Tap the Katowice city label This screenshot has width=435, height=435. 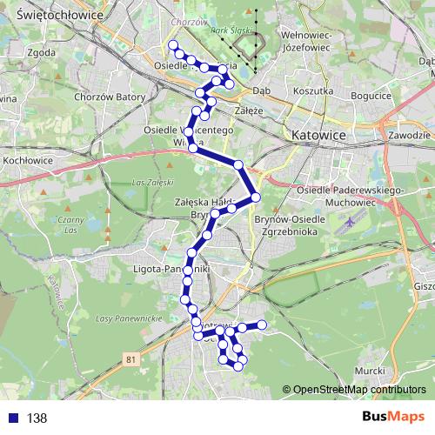point(318,136)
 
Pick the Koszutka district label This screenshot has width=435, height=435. point(314,90)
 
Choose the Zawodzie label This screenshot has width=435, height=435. point(411,136)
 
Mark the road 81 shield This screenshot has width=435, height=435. point(130,358)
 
